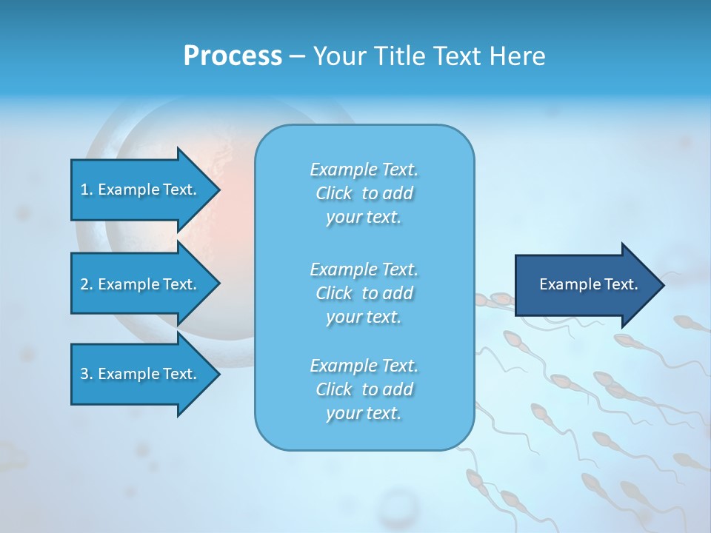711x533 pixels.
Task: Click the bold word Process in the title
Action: pyautogui.click(x=233, y=56)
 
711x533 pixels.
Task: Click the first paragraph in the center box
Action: pyautogui.click(x=364, y=193)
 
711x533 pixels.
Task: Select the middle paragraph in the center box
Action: pyautogui.click(x=364, y=293)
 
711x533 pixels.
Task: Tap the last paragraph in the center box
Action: pyautogui.click(x=364, y=389)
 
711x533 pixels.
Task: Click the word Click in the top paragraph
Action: pyautogui.click(x=333, y=193)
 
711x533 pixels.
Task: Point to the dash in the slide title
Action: pyautogui.click(x=297, y=56)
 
